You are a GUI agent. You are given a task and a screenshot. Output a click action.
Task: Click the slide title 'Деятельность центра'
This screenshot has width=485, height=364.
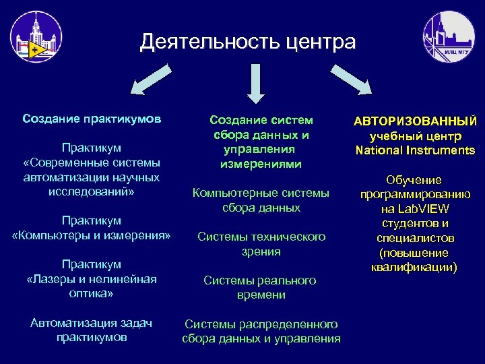coord(247,42)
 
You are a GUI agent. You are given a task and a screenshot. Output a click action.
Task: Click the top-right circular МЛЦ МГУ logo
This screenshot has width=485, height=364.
coord(448,37)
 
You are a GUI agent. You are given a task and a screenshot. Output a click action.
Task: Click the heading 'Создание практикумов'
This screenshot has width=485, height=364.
coord(92,119)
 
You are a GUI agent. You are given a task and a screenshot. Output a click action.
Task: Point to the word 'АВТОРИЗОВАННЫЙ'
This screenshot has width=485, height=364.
coord(416,121)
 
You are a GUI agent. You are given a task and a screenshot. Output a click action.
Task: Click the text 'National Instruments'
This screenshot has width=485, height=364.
coord(416,150)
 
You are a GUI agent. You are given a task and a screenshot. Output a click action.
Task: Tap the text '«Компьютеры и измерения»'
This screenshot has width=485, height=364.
coord(92,235)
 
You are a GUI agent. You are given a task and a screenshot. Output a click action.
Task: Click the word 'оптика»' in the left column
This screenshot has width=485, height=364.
coord(92,294)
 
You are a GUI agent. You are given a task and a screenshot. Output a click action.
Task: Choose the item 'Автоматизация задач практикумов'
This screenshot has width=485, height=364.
coord(92,330)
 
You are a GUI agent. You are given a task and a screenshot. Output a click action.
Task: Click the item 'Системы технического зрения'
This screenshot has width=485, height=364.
coord(261,244)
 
